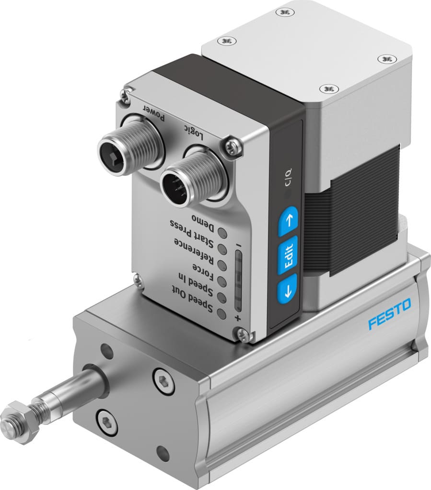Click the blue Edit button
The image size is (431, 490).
(288, 254)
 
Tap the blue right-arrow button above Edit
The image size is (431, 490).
(289, 221)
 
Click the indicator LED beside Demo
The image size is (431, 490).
(223, 233)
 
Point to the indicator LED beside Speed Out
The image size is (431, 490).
(221, 314)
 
